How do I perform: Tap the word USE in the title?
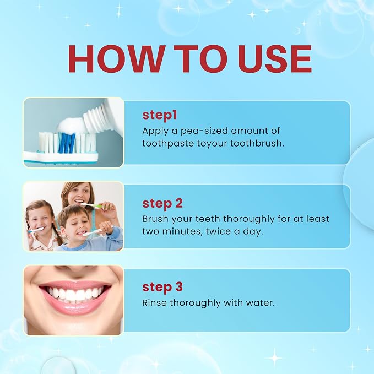275,59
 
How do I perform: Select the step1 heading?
160,115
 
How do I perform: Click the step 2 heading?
162,203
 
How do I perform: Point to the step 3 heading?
162,287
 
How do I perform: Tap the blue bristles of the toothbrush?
67,143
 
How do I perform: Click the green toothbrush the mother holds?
94,205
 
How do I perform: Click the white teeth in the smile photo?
74,294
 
